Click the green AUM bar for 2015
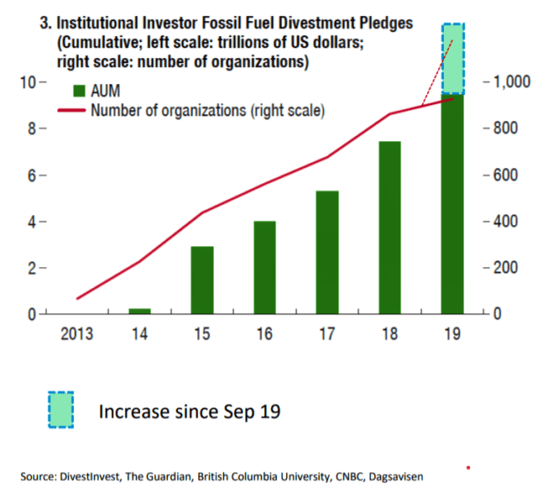[201, 281]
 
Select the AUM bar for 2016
[265, 268]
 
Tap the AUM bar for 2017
[327, 253]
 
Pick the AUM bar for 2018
[390, 228]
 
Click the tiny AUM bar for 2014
[139, 312]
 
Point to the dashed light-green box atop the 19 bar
[453, 59]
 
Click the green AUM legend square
[79, 92]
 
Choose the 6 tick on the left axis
[30, 176]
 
